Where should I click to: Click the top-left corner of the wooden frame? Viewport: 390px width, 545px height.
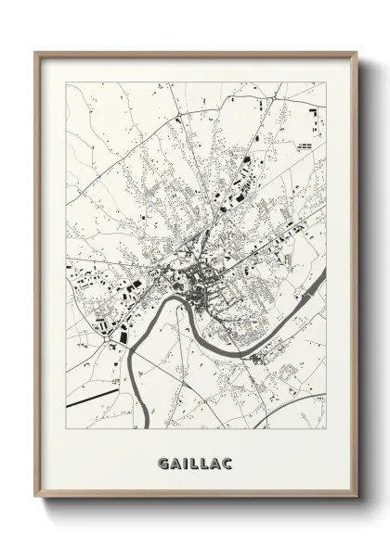(35, 52)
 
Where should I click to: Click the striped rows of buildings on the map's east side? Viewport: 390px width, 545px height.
(307, 146)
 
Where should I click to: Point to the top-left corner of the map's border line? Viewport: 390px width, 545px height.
(66, 82)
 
